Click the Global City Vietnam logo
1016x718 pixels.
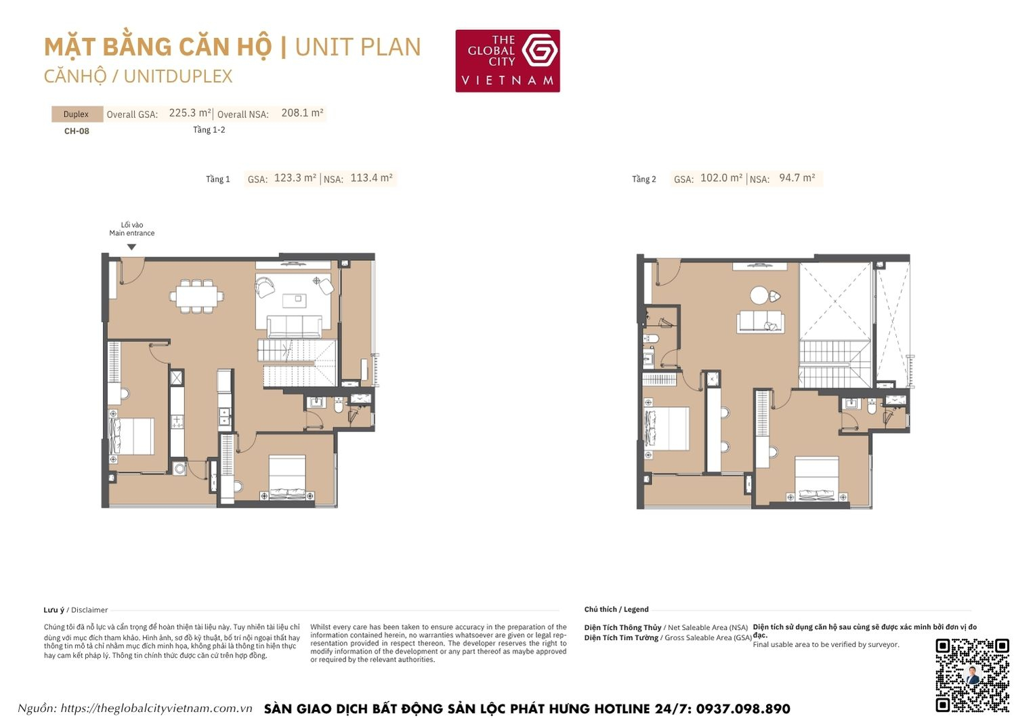pos(507,60)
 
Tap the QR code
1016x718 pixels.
pos(972,675)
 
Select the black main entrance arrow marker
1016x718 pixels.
pos(132,247)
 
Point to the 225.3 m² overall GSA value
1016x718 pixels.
pos(190,113)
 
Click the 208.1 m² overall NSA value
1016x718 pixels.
pos(302,113)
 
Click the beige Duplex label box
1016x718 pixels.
pos(77,114)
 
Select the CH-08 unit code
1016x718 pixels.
pos(77,131)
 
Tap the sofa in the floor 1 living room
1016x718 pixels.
pos(295,326)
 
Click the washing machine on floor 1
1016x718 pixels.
pos(179,467)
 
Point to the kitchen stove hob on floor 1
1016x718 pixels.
pos(177,422)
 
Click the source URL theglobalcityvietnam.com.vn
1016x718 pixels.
pos(156,709)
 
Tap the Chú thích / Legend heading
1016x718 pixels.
pos(616,610)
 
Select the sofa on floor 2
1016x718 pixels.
pos(761,322)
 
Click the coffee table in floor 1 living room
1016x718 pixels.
pos(294,299)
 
